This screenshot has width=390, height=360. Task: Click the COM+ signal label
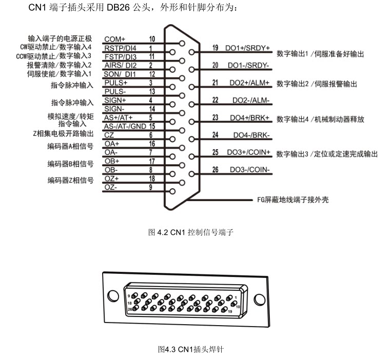pos(115,39)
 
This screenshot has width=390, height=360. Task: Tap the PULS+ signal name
pos(116,83)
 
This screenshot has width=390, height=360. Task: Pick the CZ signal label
pos(109,135)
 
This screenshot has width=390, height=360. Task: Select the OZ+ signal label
pos(111,178)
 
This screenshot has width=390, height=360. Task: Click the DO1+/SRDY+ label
pos(247,48)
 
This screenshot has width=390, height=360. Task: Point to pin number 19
pos(215,48)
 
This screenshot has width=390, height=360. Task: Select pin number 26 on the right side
pos(215,170)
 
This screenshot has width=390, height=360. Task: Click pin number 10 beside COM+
pos(152,39)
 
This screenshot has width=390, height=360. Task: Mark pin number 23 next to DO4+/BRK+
pos(215,117)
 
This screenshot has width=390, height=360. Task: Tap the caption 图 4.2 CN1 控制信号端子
pos(190,232)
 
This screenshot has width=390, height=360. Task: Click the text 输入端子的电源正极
pos(60,39)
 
